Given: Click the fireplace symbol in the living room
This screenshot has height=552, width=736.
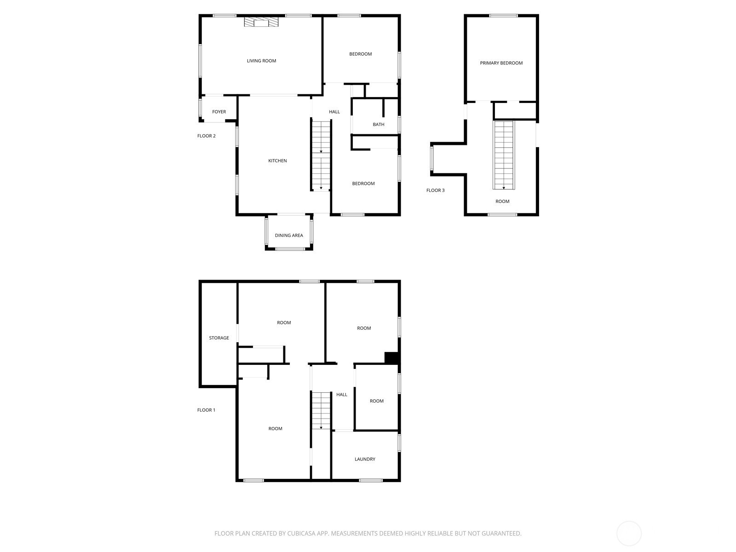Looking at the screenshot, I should coord(261,23).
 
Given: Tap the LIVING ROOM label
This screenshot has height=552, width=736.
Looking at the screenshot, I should coord(261,61).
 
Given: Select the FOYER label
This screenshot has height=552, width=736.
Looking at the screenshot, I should coord(219,112).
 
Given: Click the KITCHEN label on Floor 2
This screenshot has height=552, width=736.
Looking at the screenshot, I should coord(277,161).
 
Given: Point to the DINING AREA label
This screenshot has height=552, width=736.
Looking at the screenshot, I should coord(289,236).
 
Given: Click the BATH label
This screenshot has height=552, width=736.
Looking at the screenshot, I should coord(379,125).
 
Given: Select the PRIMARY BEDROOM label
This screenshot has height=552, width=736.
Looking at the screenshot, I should coord(501,63).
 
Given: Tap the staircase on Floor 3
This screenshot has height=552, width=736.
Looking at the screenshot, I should coord(504,155).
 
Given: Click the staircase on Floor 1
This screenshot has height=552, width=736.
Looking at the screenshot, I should coord(321,410).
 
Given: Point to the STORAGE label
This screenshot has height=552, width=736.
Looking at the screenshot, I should coord(219,338).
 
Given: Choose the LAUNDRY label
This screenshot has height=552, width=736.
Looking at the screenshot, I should coord(365,459).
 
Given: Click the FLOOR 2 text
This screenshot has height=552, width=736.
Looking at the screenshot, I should coord(207,136).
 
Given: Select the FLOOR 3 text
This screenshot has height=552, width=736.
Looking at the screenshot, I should coord(436,190).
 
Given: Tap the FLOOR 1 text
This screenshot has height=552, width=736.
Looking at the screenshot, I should coord(207,410).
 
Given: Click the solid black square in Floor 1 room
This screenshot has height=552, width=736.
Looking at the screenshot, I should coord(391,358).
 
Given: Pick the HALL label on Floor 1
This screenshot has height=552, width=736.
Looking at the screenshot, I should coord(342,395).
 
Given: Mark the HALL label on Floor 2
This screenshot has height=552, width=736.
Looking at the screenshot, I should coord(334,112).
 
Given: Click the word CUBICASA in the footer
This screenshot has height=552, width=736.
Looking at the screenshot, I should coord(301,534).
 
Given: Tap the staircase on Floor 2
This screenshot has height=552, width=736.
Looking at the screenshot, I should coord(321,155).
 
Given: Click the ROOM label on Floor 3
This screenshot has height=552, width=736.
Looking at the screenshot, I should coord(502,201).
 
